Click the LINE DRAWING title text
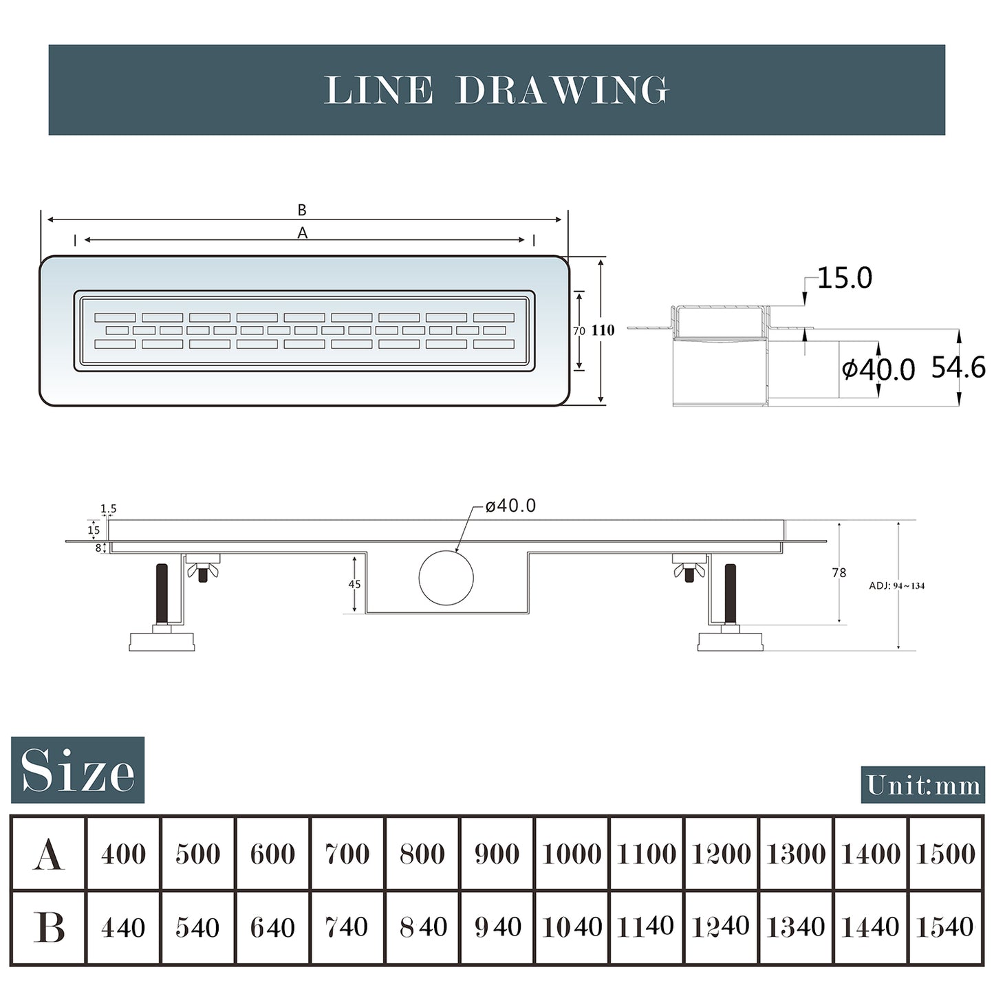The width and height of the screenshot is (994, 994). (x=496, y=90)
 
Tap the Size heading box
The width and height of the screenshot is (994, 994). (x=77, y=770)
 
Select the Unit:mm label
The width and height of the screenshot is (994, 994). (x=923, y=785)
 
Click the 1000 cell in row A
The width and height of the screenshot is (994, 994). (x=572, y=853)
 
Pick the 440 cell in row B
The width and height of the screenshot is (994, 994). (x=123, y=927)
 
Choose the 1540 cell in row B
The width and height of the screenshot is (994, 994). (x=944, y=927)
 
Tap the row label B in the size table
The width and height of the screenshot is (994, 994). (x=49, y=927)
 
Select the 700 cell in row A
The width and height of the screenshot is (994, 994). (x=347, y=853)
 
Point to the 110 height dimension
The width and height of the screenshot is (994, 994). (x=603, y=330)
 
